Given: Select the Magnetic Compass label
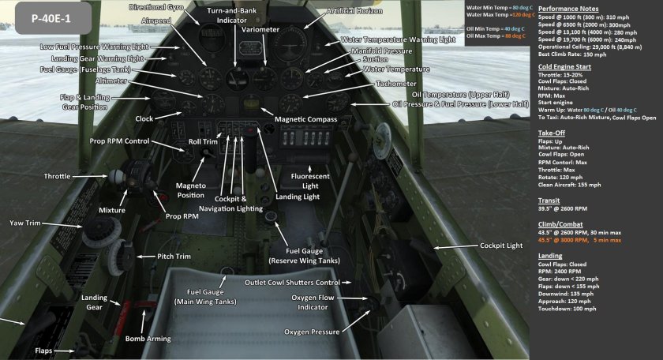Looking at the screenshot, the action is pos(305,119).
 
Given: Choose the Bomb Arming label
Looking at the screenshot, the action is pos(148,339).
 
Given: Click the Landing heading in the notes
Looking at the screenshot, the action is pos(551,256).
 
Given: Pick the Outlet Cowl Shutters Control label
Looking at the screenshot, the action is pos(292,283).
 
